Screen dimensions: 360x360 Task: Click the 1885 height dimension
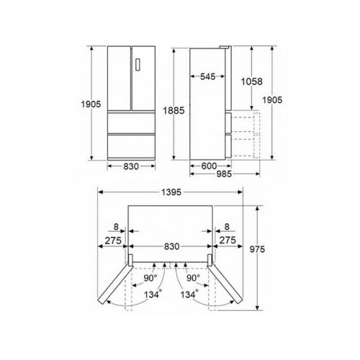(174, 111)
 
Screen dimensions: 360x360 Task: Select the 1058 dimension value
(252, 81)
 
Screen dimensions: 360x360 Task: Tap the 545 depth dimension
(208, 76)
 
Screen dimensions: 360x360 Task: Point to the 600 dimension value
(209, 166)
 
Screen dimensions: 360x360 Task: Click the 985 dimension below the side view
(224, 174)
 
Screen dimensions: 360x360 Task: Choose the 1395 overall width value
(171, 192)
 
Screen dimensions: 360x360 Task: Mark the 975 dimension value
(257, 249)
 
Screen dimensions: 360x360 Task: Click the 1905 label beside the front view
(91, 104)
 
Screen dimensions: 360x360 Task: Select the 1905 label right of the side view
(272, 100)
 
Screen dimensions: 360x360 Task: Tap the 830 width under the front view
(131, 166)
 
